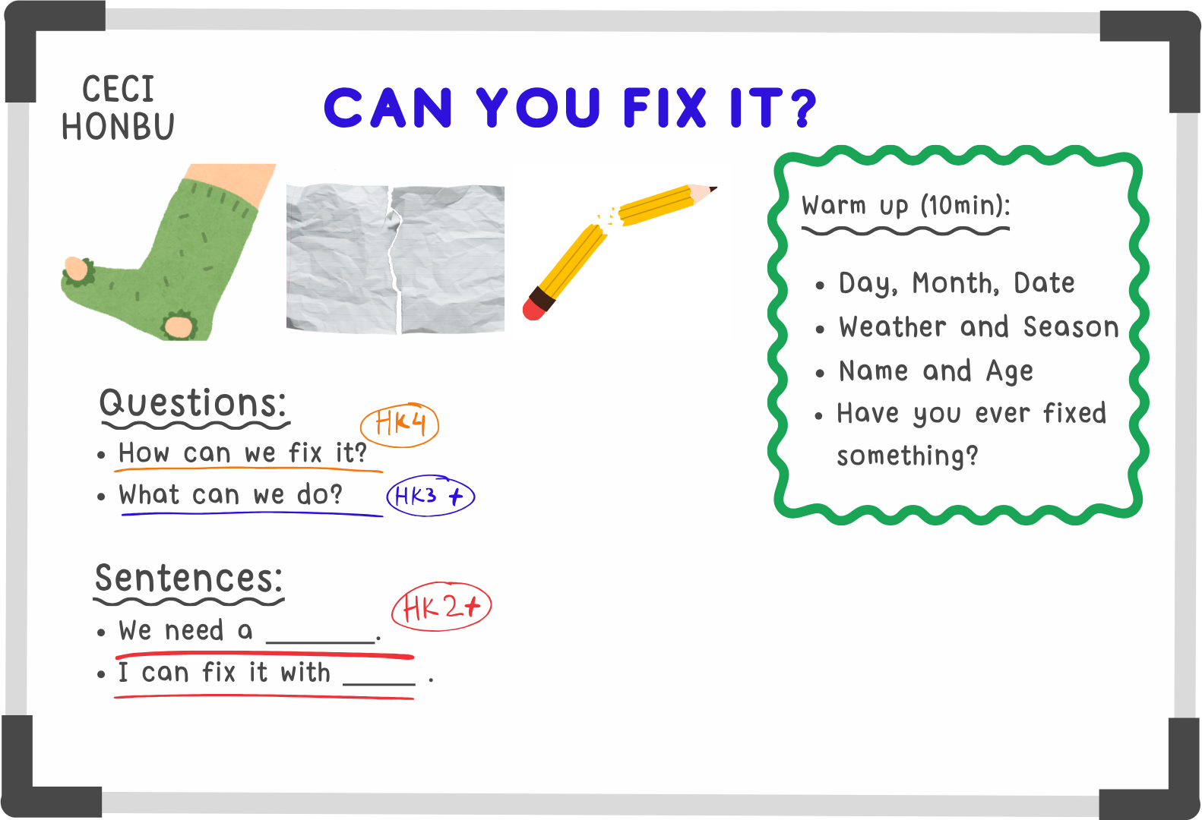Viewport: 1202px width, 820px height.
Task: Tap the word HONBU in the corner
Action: point(118,127)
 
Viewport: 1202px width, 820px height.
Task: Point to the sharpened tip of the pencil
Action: point(713,188)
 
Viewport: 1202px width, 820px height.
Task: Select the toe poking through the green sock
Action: point(77,269)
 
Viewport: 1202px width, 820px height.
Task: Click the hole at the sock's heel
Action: point(179,326)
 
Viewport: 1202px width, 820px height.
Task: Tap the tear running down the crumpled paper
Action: point(396,260)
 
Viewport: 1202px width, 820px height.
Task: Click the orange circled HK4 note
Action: point(400,424)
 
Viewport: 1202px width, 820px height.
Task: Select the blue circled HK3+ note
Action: point(430,496)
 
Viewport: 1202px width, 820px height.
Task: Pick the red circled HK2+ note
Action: point(441,606)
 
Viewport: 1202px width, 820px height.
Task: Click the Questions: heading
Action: point(193,402)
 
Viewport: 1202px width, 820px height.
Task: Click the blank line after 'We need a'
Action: point(321,642)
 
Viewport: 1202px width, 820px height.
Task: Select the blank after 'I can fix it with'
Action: point(379,684)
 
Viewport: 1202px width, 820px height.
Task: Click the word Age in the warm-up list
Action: point(1009,371)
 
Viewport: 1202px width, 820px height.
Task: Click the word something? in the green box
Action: point(907,456)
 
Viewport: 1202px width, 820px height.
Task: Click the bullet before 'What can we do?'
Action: point(101,497)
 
